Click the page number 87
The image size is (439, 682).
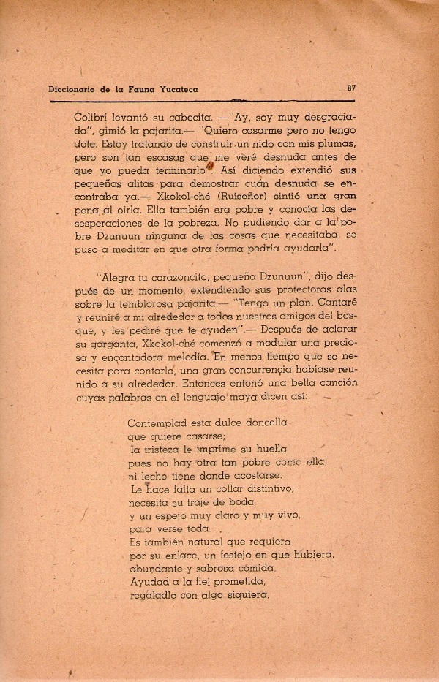(x=351, y=88)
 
